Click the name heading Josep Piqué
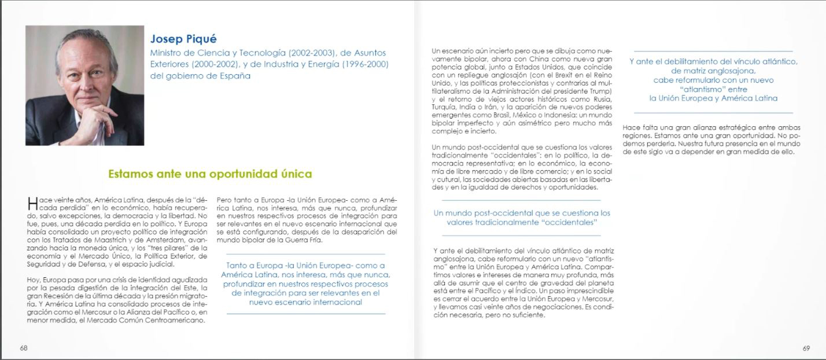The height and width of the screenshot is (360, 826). tap(183, 39)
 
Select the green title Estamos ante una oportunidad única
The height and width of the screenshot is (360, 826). tap(210, 174)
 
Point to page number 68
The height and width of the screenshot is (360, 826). tap(24, 348)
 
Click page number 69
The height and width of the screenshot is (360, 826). tap(806, 348)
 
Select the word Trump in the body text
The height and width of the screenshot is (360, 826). tap(599, 91)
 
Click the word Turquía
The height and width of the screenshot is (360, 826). tap(445, 107)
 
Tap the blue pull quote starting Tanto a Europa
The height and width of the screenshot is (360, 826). tap(305, 284)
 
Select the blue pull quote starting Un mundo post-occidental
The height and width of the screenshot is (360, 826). tap(522, 218)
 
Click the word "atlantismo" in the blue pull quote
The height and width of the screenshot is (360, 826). tap(713, 89)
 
